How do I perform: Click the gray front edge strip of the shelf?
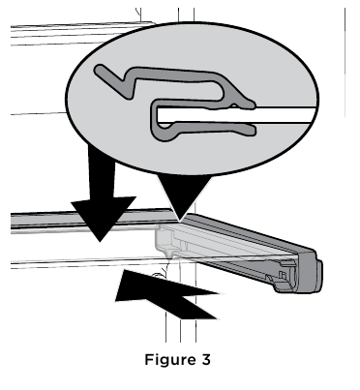click(77, 222)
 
